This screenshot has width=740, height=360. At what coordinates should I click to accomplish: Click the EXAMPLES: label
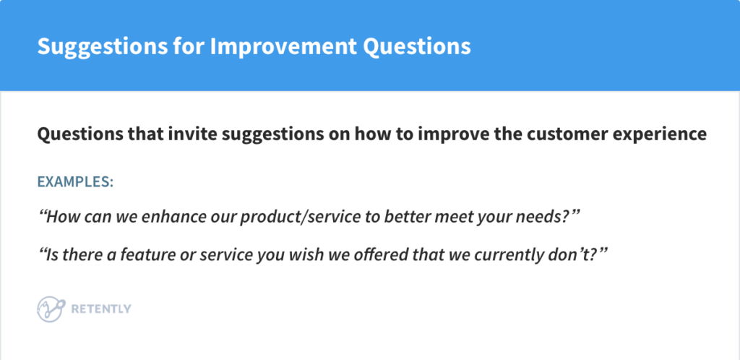[x=75, y=181]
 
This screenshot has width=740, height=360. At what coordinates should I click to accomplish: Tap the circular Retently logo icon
[x=50, y=309]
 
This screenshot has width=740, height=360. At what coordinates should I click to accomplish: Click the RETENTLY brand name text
[x=101, y=309]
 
